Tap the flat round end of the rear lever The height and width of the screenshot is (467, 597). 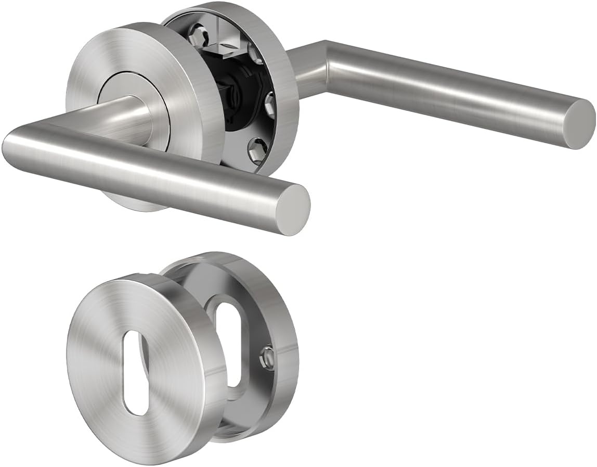[x=579, y=124]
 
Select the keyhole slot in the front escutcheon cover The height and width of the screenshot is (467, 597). [x=137, y=372]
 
